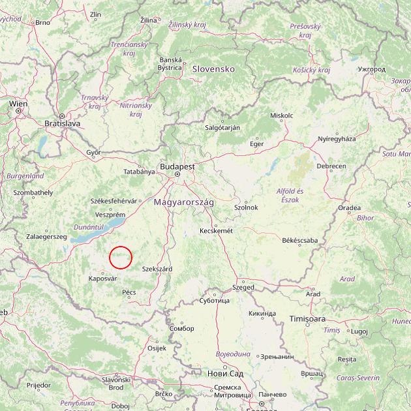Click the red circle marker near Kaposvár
[121, 257]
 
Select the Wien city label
[18, 104]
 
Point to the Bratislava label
[62, 123]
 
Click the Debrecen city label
[331, 166]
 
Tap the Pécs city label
[129, 292]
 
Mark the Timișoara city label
[307, 319]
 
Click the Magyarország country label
[184, 202]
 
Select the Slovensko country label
[213, 68]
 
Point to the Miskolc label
[281, 115]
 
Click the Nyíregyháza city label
[337, 139]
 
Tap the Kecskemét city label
[216, 231]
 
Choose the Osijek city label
[157, 348]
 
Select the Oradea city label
[349, 208]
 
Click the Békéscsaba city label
[300, 241]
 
